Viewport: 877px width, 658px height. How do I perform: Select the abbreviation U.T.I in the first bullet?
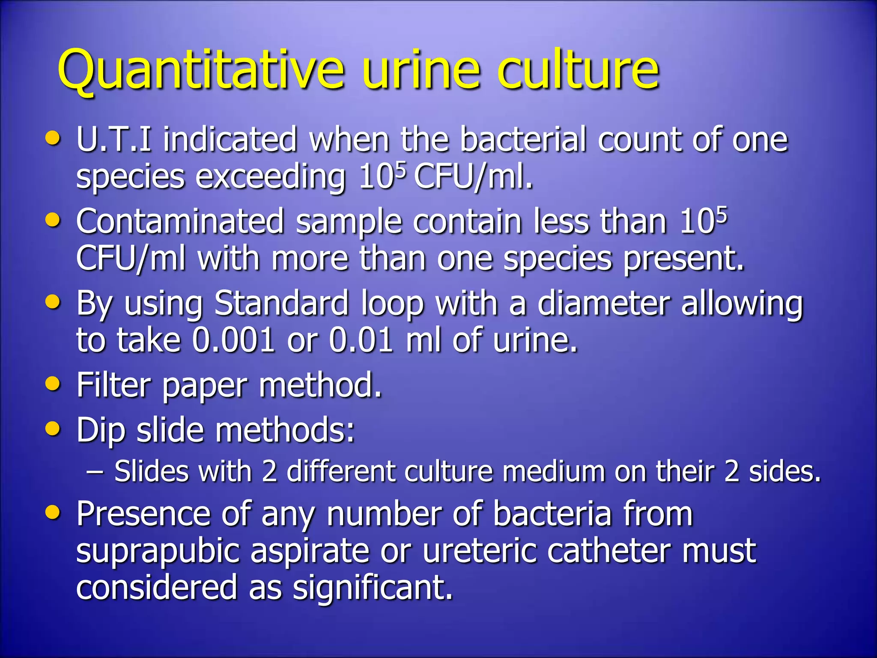(113, 140)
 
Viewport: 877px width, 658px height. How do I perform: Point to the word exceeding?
(271, 177)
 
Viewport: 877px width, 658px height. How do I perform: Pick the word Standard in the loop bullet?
(282, 304)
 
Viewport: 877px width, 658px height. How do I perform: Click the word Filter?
(113, 385)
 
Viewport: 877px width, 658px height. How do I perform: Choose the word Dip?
(101, 430)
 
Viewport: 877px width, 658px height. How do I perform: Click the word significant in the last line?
(373, 588)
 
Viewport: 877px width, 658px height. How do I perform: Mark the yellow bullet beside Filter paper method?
(53, 384)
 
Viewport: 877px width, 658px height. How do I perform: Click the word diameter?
(604, 304)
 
